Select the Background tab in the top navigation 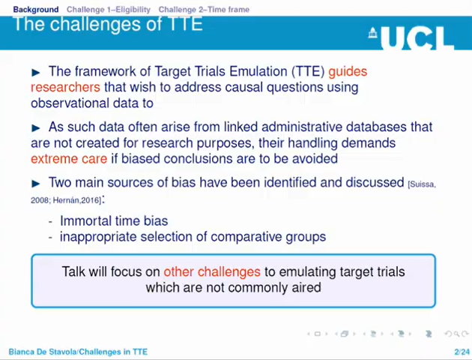pyautogui.click(x=35, y=9)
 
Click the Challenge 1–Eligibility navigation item pyautogui.click(x=108, y=9)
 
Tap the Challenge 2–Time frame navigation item pyautogui.click(x=204, y=9)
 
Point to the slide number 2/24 pyautogui.click(x=461, y=352)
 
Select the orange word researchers pyautogui.click(x=65, y=87)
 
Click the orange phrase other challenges pyautogui.click(x=212, y=271)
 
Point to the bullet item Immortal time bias pyautogui.click(x=114, y=220)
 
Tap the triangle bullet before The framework pyautogui.click(x=36, y=72)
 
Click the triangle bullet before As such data pyautogui.click(x=36, y=127)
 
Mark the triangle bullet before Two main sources pyautogui.click(x=36, y=183)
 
